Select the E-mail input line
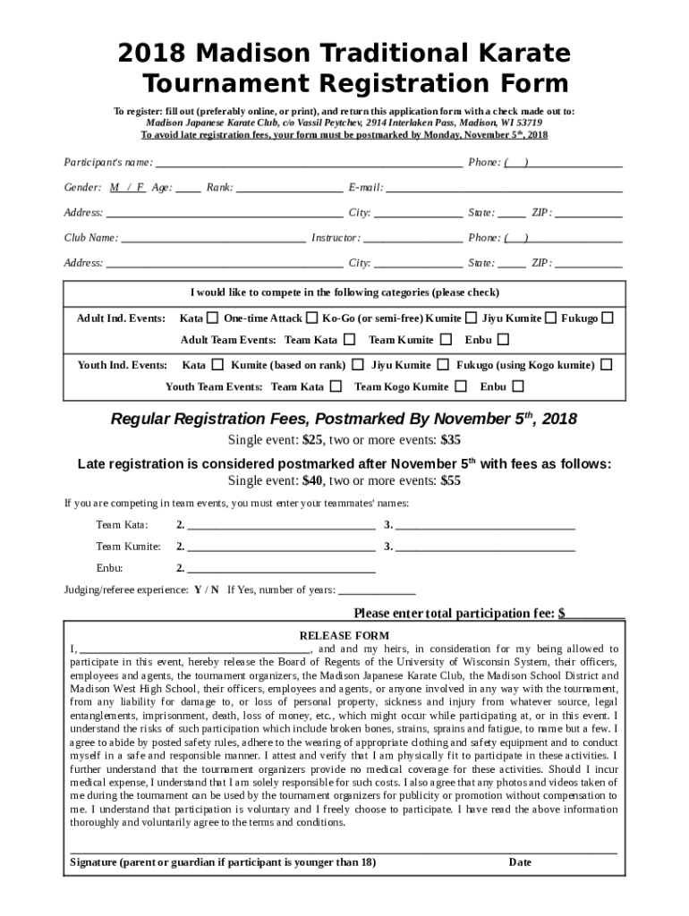(503, 189)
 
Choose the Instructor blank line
(413, 239)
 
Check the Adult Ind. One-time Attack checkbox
(311, 318)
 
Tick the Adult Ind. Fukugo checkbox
(608, 318)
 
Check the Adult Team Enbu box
(503, 340)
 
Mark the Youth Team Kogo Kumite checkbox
(460, 386)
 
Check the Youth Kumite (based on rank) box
(357, 365)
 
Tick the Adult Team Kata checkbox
(349, 340)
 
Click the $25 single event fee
(312, 440)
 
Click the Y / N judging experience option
(206, 590)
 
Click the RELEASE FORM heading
(344, 635)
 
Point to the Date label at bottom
(520, 862)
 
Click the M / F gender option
(127, 188)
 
